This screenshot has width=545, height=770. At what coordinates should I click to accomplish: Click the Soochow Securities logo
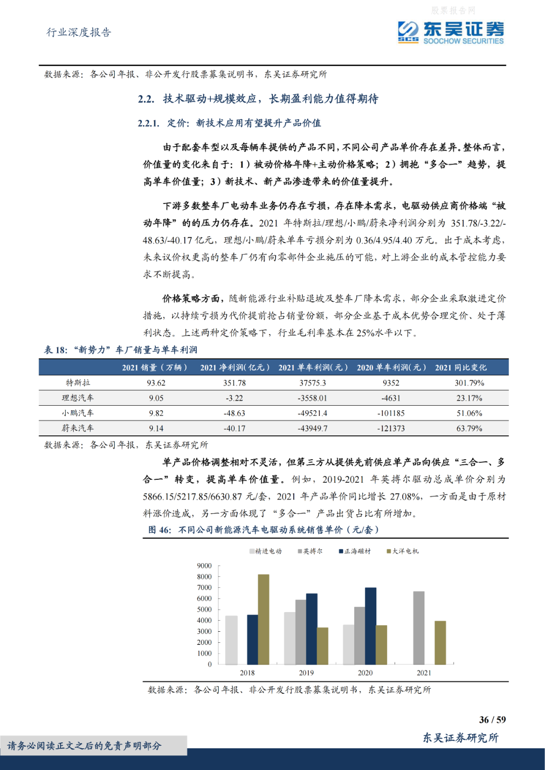point(450,33)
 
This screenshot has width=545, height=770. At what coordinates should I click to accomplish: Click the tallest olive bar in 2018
point(263,619)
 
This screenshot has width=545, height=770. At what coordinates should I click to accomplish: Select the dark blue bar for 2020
point(370,626)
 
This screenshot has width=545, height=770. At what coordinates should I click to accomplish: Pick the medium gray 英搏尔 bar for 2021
point(418,628)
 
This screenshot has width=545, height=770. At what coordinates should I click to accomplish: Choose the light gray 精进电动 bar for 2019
point(290,638)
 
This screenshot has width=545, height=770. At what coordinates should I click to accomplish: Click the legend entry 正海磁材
point(355,551)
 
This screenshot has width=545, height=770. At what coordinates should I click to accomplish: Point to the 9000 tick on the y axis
point(204,566)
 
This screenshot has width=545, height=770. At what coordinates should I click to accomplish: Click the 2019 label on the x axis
point(306,673)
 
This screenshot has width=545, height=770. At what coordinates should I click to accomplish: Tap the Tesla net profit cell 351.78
point(235,383)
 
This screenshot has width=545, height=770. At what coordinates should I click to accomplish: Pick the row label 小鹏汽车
point(78,413)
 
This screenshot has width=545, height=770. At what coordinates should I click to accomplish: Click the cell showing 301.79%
point(469,383)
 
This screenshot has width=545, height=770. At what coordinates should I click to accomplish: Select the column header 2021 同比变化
point(461,367)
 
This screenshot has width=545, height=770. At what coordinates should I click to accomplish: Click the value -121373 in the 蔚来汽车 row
point(391,428)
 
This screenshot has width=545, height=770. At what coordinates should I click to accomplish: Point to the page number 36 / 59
point(492,720)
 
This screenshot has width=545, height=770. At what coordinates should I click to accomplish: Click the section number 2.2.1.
point(148,123)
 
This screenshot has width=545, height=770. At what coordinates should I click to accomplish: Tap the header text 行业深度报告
point(79,32)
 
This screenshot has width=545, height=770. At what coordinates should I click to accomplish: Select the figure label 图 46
point(159,529)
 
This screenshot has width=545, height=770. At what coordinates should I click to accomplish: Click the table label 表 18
point(55,350)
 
